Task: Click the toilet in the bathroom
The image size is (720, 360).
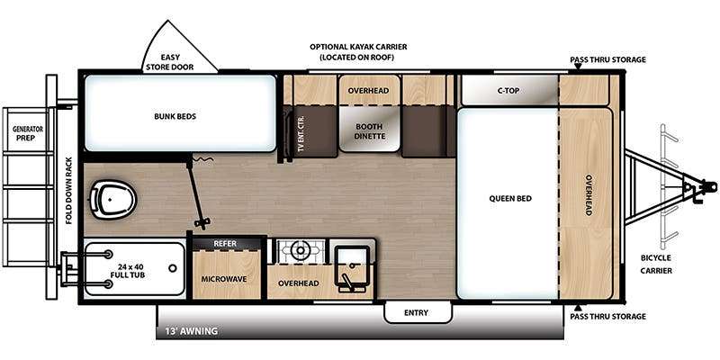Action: point(112,199)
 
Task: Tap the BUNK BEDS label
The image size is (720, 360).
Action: point(175,117)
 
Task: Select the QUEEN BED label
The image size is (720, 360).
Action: point(510,198)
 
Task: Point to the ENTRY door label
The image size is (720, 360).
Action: point(416,312)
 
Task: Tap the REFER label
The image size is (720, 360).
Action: point(225,243)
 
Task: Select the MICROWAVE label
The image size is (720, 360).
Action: point(224,279)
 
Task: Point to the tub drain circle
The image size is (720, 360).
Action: point(173,268)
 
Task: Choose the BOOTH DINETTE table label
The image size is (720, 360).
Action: point(370,131)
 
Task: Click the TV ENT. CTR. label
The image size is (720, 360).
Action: point(301,133)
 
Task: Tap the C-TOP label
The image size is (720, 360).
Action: point(508,91)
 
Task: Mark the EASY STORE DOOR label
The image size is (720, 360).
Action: point(170,62)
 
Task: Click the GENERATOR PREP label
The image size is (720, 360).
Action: point(28,133)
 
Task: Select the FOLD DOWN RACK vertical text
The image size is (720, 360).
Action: point(69,191)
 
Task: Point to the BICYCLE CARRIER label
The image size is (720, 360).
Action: point(656,265)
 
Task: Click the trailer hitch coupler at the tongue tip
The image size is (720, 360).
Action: point(710,186)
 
